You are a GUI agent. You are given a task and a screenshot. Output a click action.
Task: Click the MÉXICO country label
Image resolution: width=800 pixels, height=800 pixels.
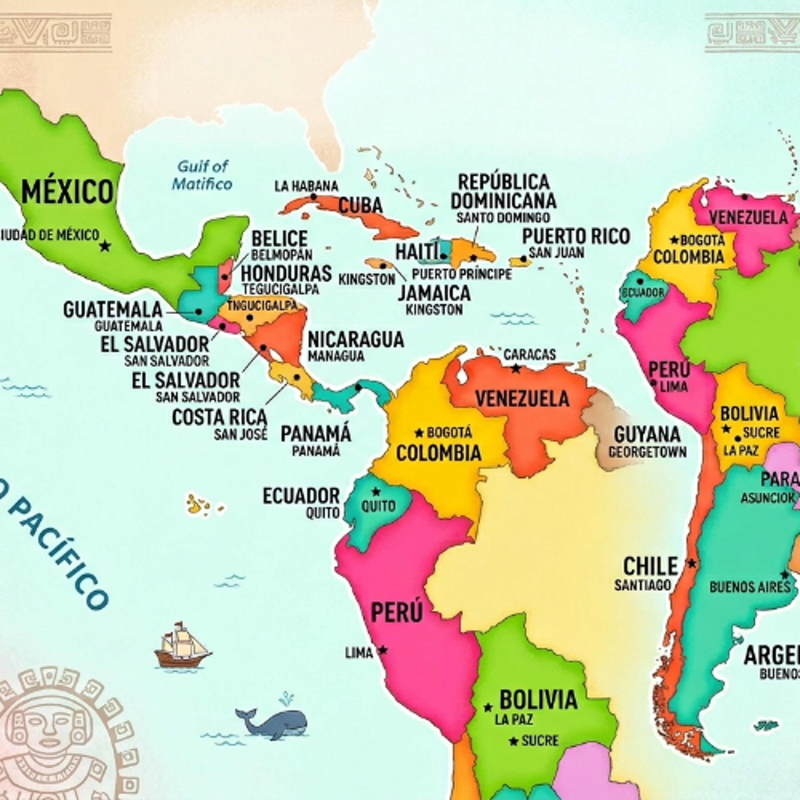pyautogui.click(x=67, y=192)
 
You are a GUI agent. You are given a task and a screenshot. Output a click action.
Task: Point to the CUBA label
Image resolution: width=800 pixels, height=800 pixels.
pyautogui.click(x=360, y=205)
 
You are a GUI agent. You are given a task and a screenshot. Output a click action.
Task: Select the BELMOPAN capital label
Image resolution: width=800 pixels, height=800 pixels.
pyautogui.click(x=282, y=254)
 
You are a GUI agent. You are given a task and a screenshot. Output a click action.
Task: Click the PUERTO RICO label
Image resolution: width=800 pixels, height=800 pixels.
pyautogui.click(x=575, y=237)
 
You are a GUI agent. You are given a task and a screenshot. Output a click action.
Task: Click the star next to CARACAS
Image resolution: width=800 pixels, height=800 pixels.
pyautogui.click(x=515, y=368)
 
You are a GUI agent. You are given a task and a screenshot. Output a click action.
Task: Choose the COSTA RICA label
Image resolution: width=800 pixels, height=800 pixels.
pyautogui.click(x=219, y=417)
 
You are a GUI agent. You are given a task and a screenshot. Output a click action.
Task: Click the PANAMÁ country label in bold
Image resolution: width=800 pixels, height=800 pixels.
pyautogui.click(x=316, y=434)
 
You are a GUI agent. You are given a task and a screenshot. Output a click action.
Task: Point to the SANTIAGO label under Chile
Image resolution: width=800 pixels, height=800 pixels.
pyautogui.click(x=642, y=585)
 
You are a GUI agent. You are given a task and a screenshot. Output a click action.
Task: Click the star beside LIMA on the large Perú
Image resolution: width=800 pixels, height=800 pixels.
pyautogui.click(x=383, y=650)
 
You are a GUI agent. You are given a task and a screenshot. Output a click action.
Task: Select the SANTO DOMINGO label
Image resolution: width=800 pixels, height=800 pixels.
pyautogui.click(x=503, y=217)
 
